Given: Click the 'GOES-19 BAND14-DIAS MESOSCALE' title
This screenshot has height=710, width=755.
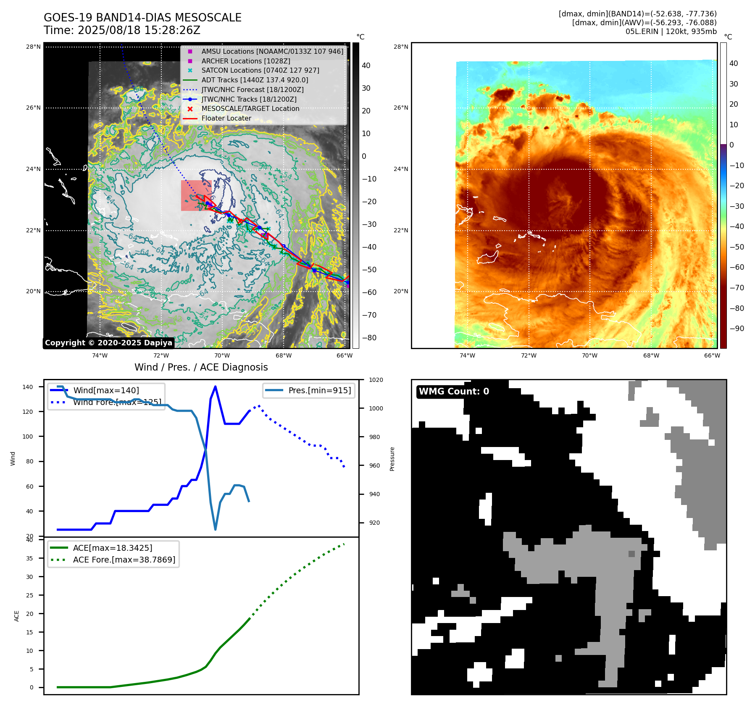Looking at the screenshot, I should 142,18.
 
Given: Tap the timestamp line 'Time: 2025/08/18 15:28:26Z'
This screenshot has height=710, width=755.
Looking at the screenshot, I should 122,30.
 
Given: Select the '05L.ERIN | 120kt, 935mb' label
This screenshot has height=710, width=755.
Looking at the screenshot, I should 671,32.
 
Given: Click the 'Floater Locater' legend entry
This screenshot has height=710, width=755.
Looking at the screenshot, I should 226,118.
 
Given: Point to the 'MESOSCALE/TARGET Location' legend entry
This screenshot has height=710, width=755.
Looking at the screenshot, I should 250,109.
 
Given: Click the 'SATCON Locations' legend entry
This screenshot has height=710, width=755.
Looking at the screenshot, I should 260,71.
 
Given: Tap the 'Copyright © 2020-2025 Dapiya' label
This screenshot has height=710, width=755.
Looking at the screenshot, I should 108,343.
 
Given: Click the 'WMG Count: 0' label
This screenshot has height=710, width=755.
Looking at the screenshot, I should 454,392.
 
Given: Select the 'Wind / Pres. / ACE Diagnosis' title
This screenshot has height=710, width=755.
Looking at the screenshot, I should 201,367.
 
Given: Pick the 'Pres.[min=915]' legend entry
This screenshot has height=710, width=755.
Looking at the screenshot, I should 319,391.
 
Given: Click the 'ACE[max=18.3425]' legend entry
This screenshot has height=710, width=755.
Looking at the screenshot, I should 112,548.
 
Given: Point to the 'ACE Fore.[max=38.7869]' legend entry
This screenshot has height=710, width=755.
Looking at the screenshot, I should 124,560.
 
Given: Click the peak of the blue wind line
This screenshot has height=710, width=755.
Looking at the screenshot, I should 215,387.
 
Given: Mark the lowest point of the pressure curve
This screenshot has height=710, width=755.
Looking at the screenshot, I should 216,529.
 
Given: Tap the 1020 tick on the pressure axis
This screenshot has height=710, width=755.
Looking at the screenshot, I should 376,380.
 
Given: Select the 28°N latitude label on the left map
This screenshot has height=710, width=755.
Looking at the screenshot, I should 33,47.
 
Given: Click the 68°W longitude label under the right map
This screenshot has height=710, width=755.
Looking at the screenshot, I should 651,355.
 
